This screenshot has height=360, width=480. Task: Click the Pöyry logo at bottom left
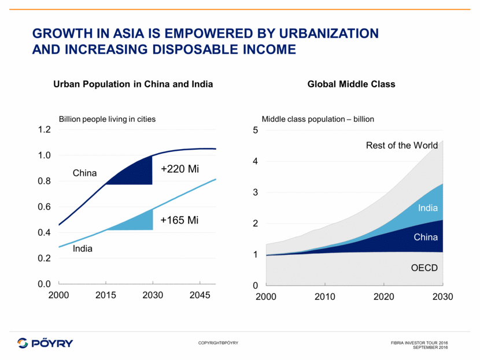[45, 343]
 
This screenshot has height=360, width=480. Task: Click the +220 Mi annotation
[179, 169]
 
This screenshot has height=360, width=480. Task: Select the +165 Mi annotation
[179, 220]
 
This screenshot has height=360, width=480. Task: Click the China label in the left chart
[84, 173]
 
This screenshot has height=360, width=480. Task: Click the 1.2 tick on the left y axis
[45, 130]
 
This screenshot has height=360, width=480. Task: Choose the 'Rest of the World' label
[402, 146]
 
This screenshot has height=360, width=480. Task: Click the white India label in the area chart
[428, 208]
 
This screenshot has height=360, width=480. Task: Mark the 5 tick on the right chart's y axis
[255, 130]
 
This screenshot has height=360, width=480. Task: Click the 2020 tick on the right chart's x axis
[384, 297]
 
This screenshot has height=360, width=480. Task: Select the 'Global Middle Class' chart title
[352, 84]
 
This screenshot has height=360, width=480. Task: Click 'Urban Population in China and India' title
[133, 84]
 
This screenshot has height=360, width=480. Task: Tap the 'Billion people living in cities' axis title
[108, 119]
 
